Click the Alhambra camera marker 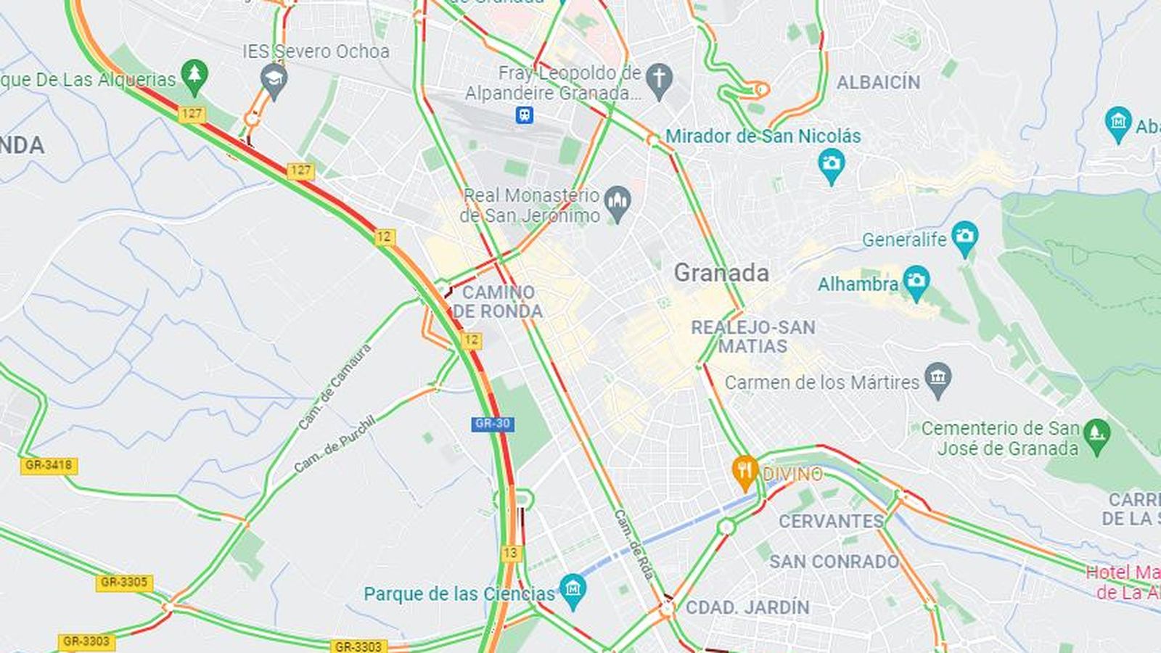pos(916,282)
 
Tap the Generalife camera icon pos(964,237)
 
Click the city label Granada pos(721,273)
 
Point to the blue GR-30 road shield pos(493,424)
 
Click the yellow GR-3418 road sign pos(49,465)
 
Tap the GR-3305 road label pos(124,582)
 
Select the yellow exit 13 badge pos(511,553)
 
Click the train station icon pos(524,115)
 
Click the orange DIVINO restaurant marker pos(744,470)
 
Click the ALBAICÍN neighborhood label pos(878,83)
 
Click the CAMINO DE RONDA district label pos(498,302)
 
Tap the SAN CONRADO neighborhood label pos(834,562)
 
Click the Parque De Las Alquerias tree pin pos(194,75)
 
